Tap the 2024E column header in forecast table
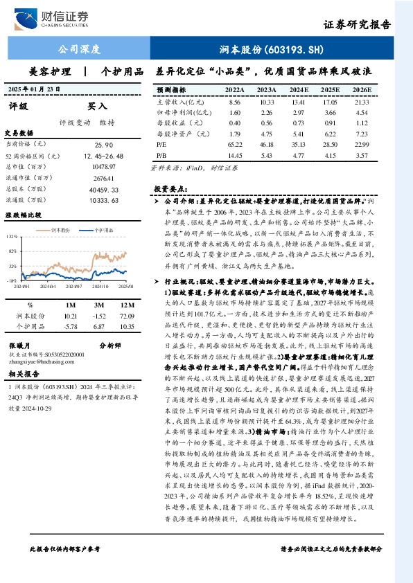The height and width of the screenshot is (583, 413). pos(298,91)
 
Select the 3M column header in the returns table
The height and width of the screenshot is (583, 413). pos(99,305)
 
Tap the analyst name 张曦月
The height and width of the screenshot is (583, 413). pos(18,343)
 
